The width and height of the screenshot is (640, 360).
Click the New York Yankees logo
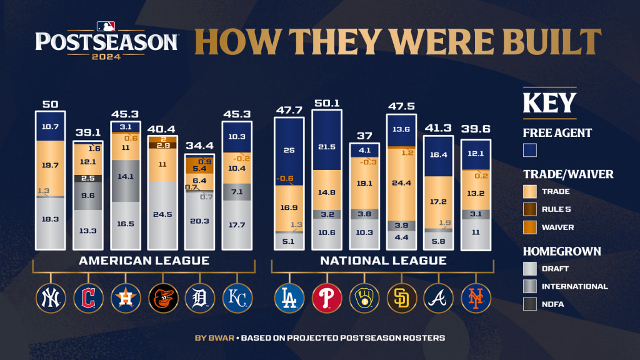[x=51, y=298]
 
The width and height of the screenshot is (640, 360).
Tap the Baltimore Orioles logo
[x=163, y=298]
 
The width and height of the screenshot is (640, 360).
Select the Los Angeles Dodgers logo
[x=289, y=298]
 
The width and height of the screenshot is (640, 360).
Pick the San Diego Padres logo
[x=402, y=298]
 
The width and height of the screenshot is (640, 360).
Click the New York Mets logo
[x=476, y=298]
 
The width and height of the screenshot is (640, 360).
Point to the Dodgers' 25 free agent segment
[x=289, y=152]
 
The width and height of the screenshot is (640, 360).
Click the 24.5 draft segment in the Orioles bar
[x=163, y=215]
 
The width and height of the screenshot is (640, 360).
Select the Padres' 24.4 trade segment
[x=402, y=184]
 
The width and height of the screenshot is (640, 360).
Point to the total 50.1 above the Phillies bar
[x=327, y=103]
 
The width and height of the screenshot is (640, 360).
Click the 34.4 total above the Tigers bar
[x=200, y=146]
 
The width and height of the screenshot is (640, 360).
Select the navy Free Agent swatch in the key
[x=530, y=150]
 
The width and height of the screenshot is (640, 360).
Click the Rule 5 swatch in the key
[x=530, y=209]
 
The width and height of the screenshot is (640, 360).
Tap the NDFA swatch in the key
[x=530, y=304]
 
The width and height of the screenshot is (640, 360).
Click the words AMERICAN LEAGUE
[x=144, y=261]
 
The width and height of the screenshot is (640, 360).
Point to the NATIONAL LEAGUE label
[x=383, y=261]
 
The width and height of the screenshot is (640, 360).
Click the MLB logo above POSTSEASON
[x=106, y=26]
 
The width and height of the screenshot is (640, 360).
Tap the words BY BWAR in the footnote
[x=214, y=338]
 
